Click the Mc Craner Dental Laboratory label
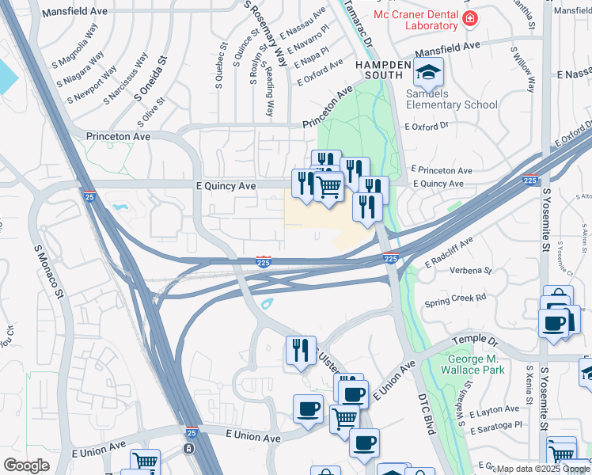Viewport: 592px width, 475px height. (x=416, y=20)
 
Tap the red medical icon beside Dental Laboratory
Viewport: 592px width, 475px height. (x=470, y=17)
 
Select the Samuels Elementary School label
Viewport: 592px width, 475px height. (x=451, y=99)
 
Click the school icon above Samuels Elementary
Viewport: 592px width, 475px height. (x=428, y=74)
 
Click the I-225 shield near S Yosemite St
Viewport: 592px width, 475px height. (x=530, y=180)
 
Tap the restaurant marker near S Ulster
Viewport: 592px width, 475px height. (x=299, y=350)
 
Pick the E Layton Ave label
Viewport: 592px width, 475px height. (x=495, y=410)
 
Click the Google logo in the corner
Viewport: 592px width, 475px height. (x=26, y=465)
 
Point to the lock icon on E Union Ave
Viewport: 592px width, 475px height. (x=188, y=448)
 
